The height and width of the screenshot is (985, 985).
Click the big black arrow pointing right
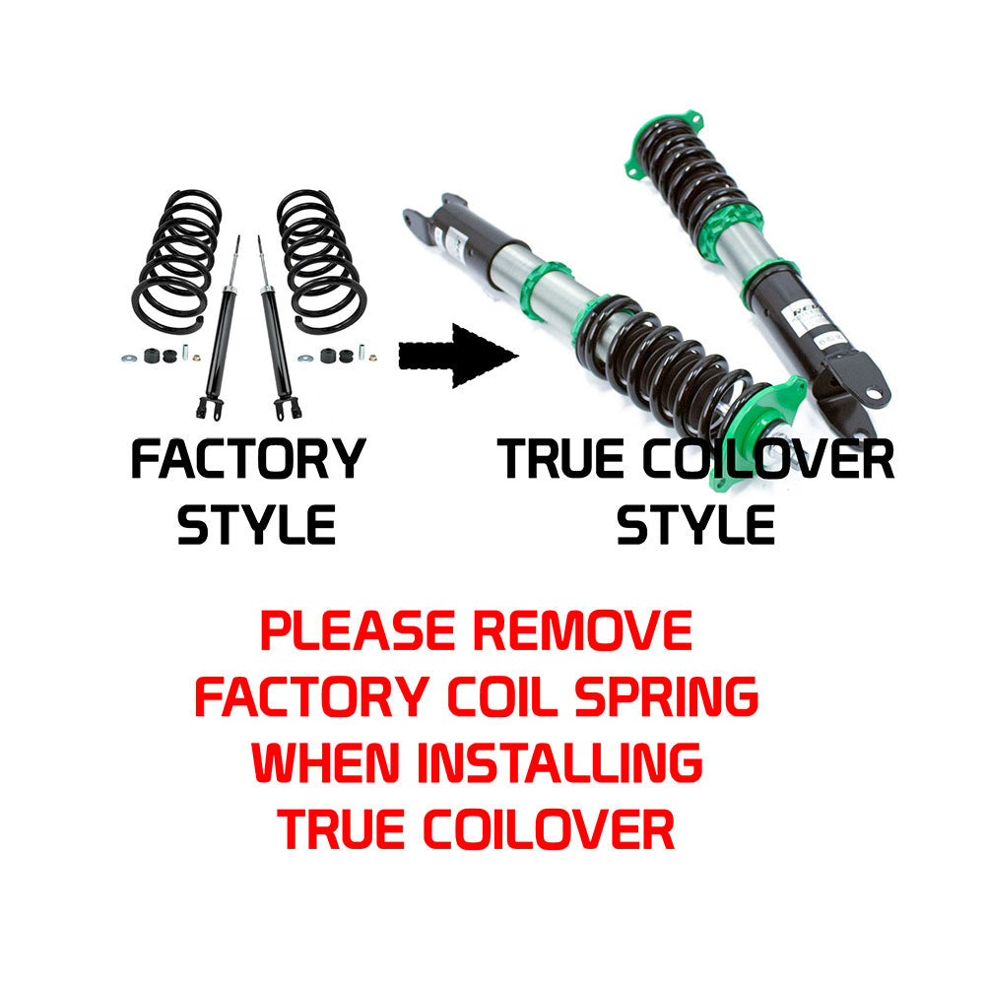coord(457,356)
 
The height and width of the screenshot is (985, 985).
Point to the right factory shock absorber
coord(277,328)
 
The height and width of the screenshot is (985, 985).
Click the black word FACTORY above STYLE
coord(249,459)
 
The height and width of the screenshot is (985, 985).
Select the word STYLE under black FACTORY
coord(256,525)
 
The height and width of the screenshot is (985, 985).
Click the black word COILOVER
coord(768,459)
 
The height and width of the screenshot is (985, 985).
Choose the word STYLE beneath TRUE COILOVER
coord(696,525)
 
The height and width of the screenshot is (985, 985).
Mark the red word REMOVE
coord(582,630)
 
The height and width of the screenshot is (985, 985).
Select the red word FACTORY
coord(312,696)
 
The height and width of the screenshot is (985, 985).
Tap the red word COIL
coord(502,696)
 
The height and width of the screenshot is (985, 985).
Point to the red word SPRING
coord(667,696)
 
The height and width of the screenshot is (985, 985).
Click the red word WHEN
coord(325,762)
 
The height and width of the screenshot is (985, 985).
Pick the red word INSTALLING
coord(559,762)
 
